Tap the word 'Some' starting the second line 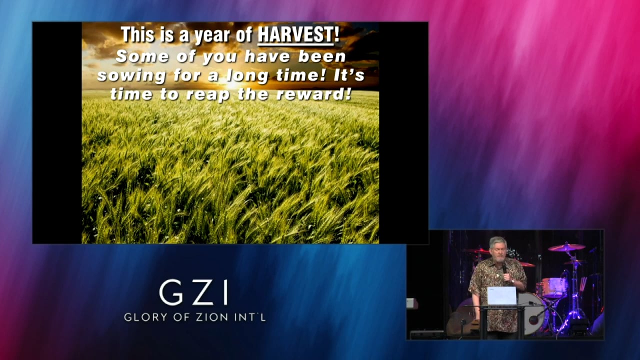point(135,56)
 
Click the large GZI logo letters point(194,293)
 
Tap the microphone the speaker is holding point(504,269)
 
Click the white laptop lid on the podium point(501,296)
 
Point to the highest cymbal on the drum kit point(566,247)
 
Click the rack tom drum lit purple point(554,287)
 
